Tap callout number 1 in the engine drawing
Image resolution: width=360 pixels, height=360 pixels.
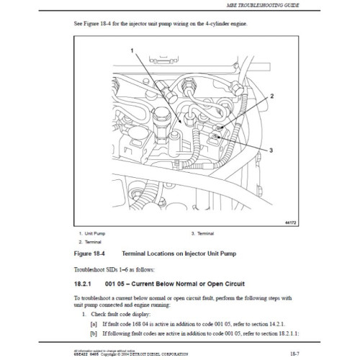click(x=132, y=50)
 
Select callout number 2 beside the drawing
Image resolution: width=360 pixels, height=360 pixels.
click(x=272, y=95)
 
